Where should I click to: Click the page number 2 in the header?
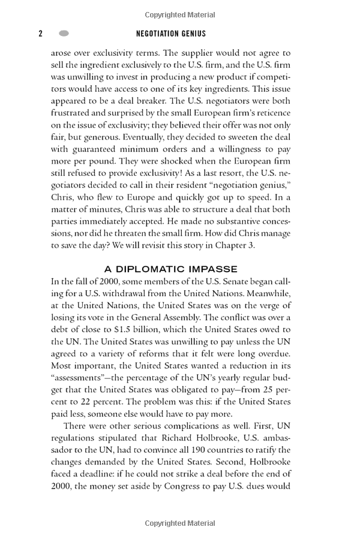point(41,34)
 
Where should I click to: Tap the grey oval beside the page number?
point(64,34)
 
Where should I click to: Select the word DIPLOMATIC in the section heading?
point(154,269)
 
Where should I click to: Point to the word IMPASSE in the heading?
point(212,269)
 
